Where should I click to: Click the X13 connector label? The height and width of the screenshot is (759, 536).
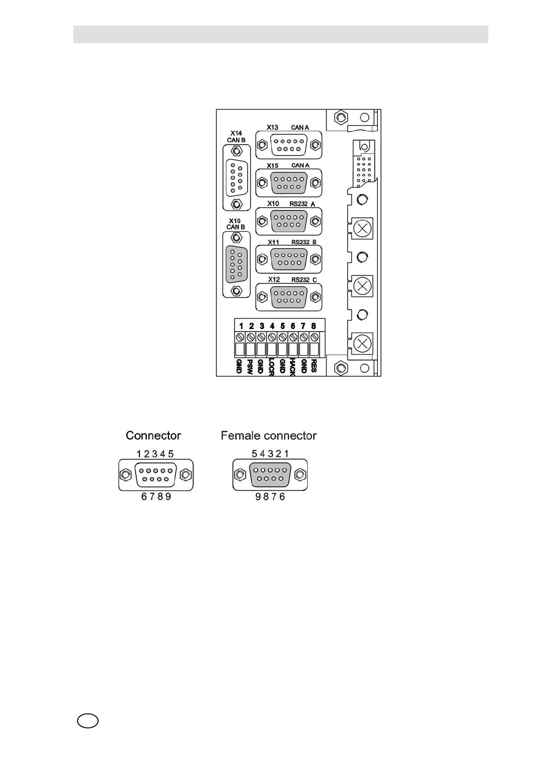click(x=273, y=127)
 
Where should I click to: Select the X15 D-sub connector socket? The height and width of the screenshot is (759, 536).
click(x=289, y=183)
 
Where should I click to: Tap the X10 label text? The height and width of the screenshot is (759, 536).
click(x=273, y=204)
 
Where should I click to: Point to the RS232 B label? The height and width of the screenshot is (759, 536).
click(x=304, y=242)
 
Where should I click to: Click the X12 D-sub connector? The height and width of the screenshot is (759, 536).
click(x=289, y=297)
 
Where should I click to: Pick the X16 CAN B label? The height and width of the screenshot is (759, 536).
click(x=236, y=224)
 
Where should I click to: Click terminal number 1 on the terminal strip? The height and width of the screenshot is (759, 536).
click(x=241, y=326)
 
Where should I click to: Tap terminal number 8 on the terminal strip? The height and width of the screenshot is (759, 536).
click(x=314, y=326)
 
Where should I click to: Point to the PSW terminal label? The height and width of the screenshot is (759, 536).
click(x=250, y=366)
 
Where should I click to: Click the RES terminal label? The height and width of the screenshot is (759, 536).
click(x=314, y=366)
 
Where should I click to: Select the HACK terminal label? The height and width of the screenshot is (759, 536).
click(x=292, y=366)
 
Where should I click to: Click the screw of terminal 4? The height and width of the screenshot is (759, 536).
click(x=272, y=337)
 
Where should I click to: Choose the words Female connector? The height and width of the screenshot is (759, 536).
click(x=268, y=436)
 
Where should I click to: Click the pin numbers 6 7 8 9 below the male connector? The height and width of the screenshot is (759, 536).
click(x=156, y=497)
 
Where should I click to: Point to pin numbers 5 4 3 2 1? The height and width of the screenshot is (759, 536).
click(x=270, y=454)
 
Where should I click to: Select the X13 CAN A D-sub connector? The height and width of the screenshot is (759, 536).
click(x=289, y=145)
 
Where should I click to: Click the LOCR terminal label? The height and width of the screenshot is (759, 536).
click(x=271, y=367)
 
